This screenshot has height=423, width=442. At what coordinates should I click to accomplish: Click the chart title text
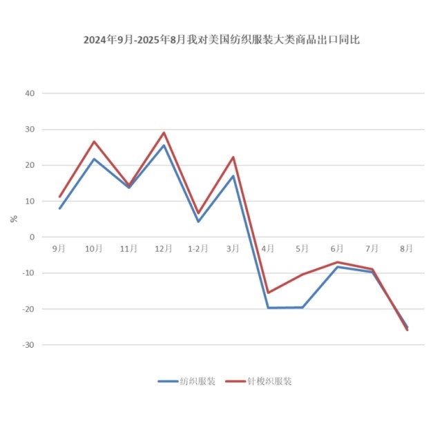click(x=221, y=40)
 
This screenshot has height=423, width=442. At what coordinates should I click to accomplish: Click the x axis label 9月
click(x=59, y=248)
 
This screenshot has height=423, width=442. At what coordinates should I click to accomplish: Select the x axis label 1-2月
click(x=198, y=248)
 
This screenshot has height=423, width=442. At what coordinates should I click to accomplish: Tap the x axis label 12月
click(x=164, y=248)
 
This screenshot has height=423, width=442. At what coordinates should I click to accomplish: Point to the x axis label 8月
click(x=407, y=248)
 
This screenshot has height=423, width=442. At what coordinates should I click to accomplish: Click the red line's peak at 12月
click(x=164, y=132)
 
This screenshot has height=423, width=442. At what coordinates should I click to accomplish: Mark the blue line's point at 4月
click(x=268, y=308)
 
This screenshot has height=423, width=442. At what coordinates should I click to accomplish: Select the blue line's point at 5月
click(x=302, y=307)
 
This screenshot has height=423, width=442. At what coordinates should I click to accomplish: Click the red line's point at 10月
click(x=94, y=141)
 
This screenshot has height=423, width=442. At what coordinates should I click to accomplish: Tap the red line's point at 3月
click(x=233, y=157)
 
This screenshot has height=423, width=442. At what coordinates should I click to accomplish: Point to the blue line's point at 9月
click(x=59, y=208)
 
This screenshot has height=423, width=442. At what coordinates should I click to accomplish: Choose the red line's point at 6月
click(x=338, y=262)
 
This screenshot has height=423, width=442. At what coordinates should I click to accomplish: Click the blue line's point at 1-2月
click(x=198, y=222)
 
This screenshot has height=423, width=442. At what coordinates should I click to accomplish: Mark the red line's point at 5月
click(x=302, y=274)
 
